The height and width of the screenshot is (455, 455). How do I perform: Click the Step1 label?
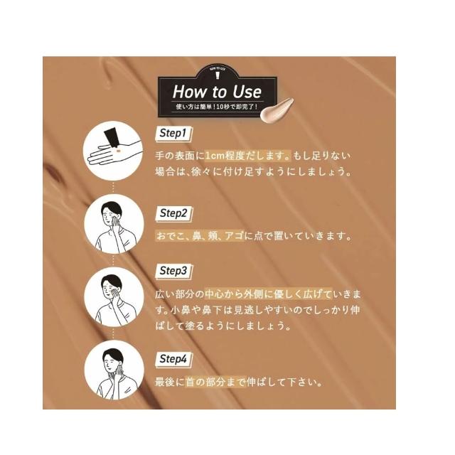(173, 134)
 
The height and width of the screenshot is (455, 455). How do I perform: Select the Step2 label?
(173, 213)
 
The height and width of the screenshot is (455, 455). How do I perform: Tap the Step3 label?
(173, 271)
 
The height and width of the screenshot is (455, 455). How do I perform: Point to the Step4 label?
(173, 359)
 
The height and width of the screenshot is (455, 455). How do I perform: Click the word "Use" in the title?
(247, 92)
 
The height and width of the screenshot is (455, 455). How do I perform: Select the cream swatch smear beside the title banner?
(277, 110)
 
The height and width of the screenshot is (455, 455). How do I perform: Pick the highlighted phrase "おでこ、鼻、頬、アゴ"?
(200, 236)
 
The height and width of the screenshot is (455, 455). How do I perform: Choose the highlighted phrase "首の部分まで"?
(215, 382)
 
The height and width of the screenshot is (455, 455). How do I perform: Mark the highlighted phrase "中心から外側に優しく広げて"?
(268, 294)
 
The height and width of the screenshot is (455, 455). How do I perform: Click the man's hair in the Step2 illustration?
(111, 208)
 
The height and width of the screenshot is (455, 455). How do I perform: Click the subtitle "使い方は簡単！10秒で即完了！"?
(217, 107)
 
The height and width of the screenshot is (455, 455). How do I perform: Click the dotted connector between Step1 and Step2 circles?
(113, 188)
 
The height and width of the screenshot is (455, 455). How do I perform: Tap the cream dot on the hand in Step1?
(118, 151)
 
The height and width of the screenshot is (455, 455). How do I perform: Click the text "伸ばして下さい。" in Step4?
(284, 382)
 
